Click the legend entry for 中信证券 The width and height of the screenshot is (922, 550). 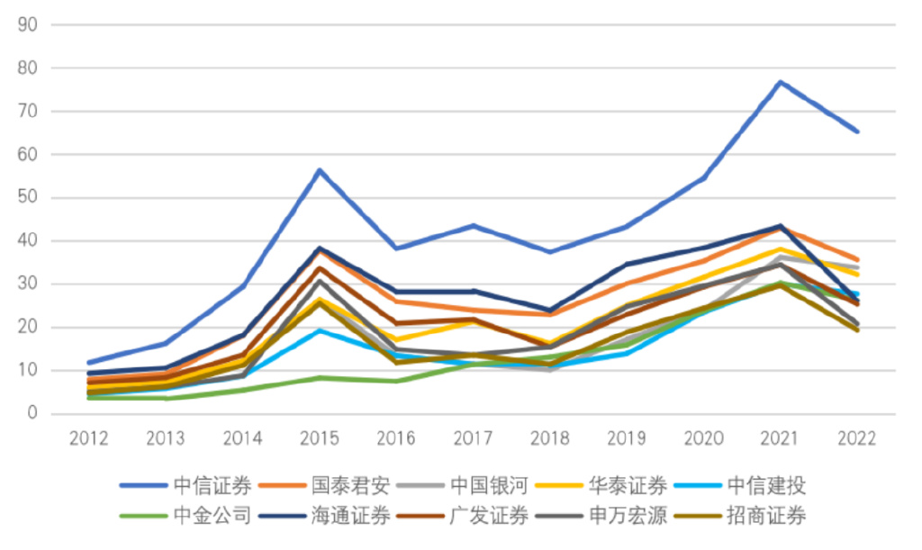[x=212, y=487]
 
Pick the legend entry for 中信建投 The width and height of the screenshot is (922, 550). [x=768, y=487]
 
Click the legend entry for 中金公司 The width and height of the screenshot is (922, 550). [x=212, y=516]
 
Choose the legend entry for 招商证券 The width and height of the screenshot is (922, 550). [x=768, y=516]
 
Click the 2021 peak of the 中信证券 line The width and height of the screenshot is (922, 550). [x=780, y=82]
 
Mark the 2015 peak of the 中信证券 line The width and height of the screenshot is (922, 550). [x=320, y=170]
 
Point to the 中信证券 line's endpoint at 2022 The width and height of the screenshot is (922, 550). [x=856, y=131]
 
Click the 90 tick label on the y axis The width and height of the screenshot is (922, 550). [x=27, y=25]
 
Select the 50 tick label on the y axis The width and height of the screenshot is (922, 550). [x=27, y=198]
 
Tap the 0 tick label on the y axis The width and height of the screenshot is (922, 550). [x=32, y=414]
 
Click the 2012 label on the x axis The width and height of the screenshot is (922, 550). [x=88, y=438]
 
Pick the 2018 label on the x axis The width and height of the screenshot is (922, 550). [x=549, y=438]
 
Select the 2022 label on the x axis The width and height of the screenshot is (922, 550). [x=856, y=438]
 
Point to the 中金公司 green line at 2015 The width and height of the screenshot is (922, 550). [x=320, y=378]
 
